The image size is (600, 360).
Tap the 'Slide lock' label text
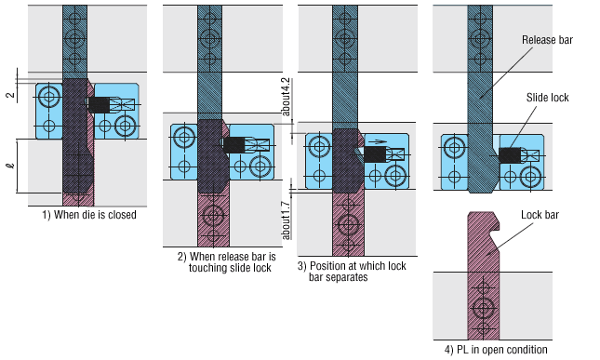547,98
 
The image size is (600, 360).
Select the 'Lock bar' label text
540,215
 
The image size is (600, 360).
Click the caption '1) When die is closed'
88,215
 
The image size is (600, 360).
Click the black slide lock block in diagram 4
510,155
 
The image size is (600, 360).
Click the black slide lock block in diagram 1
98,104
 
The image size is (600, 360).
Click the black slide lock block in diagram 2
234,144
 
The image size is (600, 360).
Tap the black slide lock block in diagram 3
376,154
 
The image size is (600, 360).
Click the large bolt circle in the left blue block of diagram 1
48,97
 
